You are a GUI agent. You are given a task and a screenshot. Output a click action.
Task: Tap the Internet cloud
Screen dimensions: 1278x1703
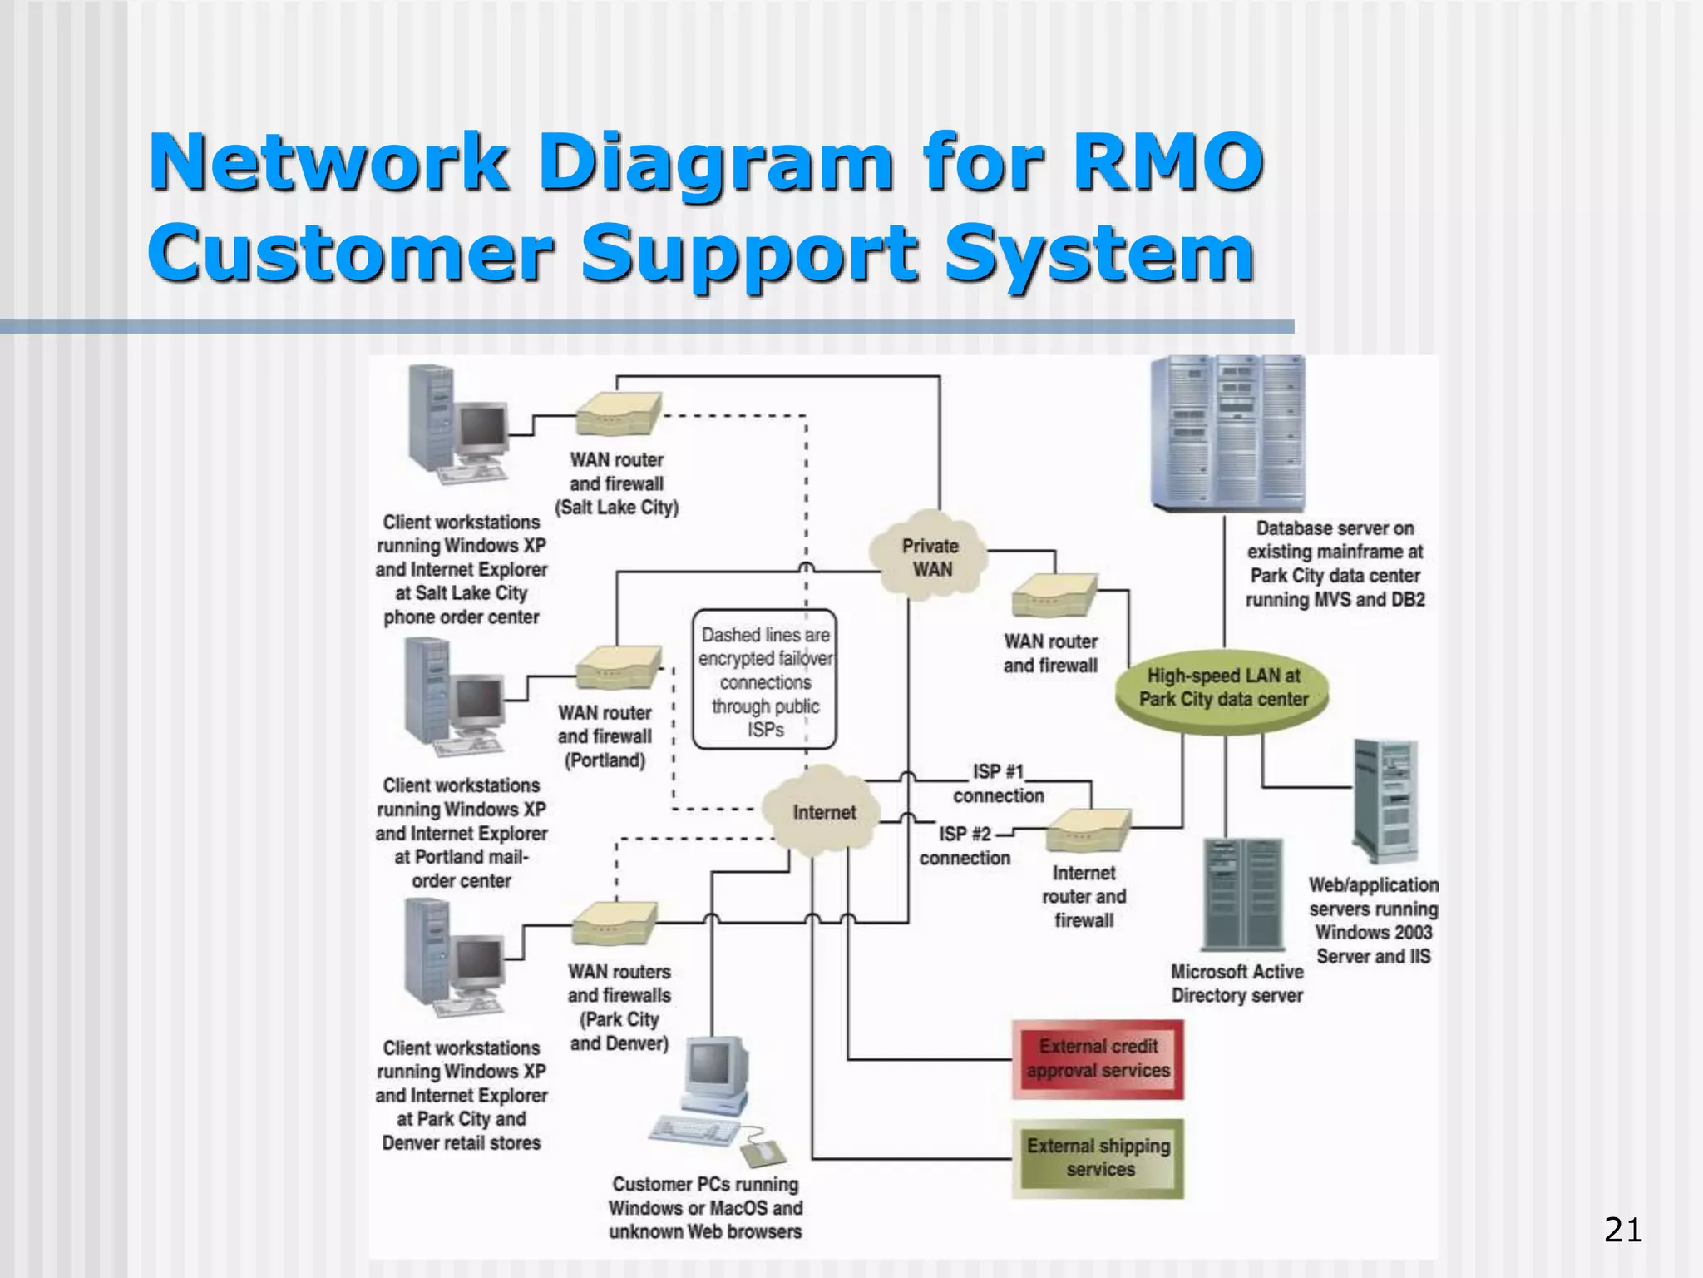click(823, 811)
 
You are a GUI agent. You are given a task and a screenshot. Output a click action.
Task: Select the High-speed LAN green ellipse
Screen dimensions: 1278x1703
click(1222, 688)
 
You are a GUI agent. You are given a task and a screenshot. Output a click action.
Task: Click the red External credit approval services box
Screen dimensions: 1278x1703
click(1098, 1058)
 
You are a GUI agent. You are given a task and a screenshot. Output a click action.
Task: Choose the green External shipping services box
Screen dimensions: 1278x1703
click(1098, 1157)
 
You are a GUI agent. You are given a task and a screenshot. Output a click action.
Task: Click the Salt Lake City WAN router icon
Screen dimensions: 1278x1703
click(618, 414)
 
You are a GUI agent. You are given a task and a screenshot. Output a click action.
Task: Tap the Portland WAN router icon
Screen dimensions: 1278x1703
click(618, 667)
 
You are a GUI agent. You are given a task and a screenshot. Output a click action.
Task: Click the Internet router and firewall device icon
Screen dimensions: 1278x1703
click(1087, 830)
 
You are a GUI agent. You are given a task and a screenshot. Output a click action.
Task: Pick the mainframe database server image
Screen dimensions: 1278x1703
click(1227, 433)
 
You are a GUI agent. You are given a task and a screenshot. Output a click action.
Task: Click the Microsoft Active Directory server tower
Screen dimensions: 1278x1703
click(1243, 894)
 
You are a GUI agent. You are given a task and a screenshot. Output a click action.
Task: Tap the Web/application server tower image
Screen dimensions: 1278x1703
click(1385, 800)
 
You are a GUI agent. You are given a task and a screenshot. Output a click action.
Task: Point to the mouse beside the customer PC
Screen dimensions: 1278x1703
click(763, 1152)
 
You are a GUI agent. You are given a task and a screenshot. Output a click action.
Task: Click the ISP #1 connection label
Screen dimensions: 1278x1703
click(998, 784)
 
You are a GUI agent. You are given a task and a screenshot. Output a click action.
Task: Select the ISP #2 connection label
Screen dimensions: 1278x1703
click(965, 845)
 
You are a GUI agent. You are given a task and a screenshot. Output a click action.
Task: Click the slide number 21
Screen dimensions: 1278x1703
click(1622, 1229)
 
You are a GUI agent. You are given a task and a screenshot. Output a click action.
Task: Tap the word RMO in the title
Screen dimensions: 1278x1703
click(1167, 161)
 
